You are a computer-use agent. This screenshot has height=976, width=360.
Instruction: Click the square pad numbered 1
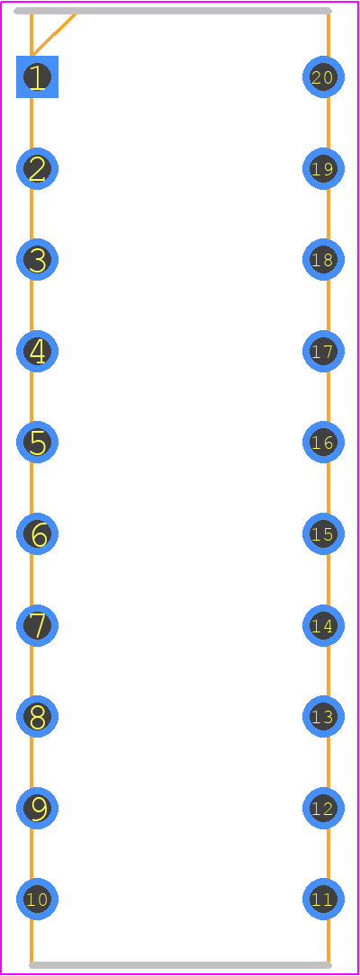tap(38, 77)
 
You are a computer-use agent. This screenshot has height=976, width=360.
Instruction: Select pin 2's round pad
tap(38, 169)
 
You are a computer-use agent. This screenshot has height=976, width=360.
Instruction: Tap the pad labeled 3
tap(38, 260)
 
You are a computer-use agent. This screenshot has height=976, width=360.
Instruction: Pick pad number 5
tap(38, 443)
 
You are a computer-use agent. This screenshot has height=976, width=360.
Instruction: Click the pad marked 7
tap(38, 625)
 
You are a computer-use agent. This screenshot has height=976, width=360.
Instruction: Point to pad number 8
tap(38, 716)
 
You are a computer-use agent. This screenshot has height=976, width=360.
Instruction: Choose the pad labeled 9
tap(38, 809)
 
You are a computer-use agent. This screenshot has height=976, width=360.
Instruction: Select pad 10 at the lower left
tap(38, 900)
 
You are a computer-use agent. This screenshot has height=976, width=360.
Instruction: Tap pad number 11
tap(324, 900)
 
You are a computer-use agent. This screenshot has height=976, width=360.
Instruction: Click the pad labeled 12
tap(324, 809)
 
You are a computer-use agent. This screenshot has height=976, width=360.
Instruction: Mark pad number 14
tap(324, 625)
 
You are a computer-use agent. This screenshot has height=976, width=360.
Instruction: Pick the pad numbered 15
tap(324, 534)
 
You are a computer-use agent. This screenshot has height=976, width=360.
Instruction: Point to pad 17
tap(324, 352)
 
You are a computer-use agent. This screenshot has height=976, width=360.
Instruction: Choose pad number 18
tap(324, 260)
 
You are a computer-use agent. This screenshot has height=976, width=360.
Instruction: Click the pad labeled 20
tap(324, 77)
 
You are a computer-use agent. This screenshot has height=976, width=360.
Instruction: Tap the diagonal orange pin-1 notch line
tap(54, 34)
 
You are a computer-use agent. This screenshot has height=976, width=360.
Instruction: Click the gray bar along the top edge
tap(173, 11)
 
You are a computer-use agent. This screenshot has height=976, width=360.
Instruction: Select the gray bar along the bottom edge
tap(180, 965)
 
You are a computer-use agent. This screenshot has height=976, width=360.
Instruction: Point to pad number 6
tap(38, 534)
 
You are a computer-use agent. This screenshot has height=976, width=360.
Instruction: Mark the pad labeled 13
tap(324, 716)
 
